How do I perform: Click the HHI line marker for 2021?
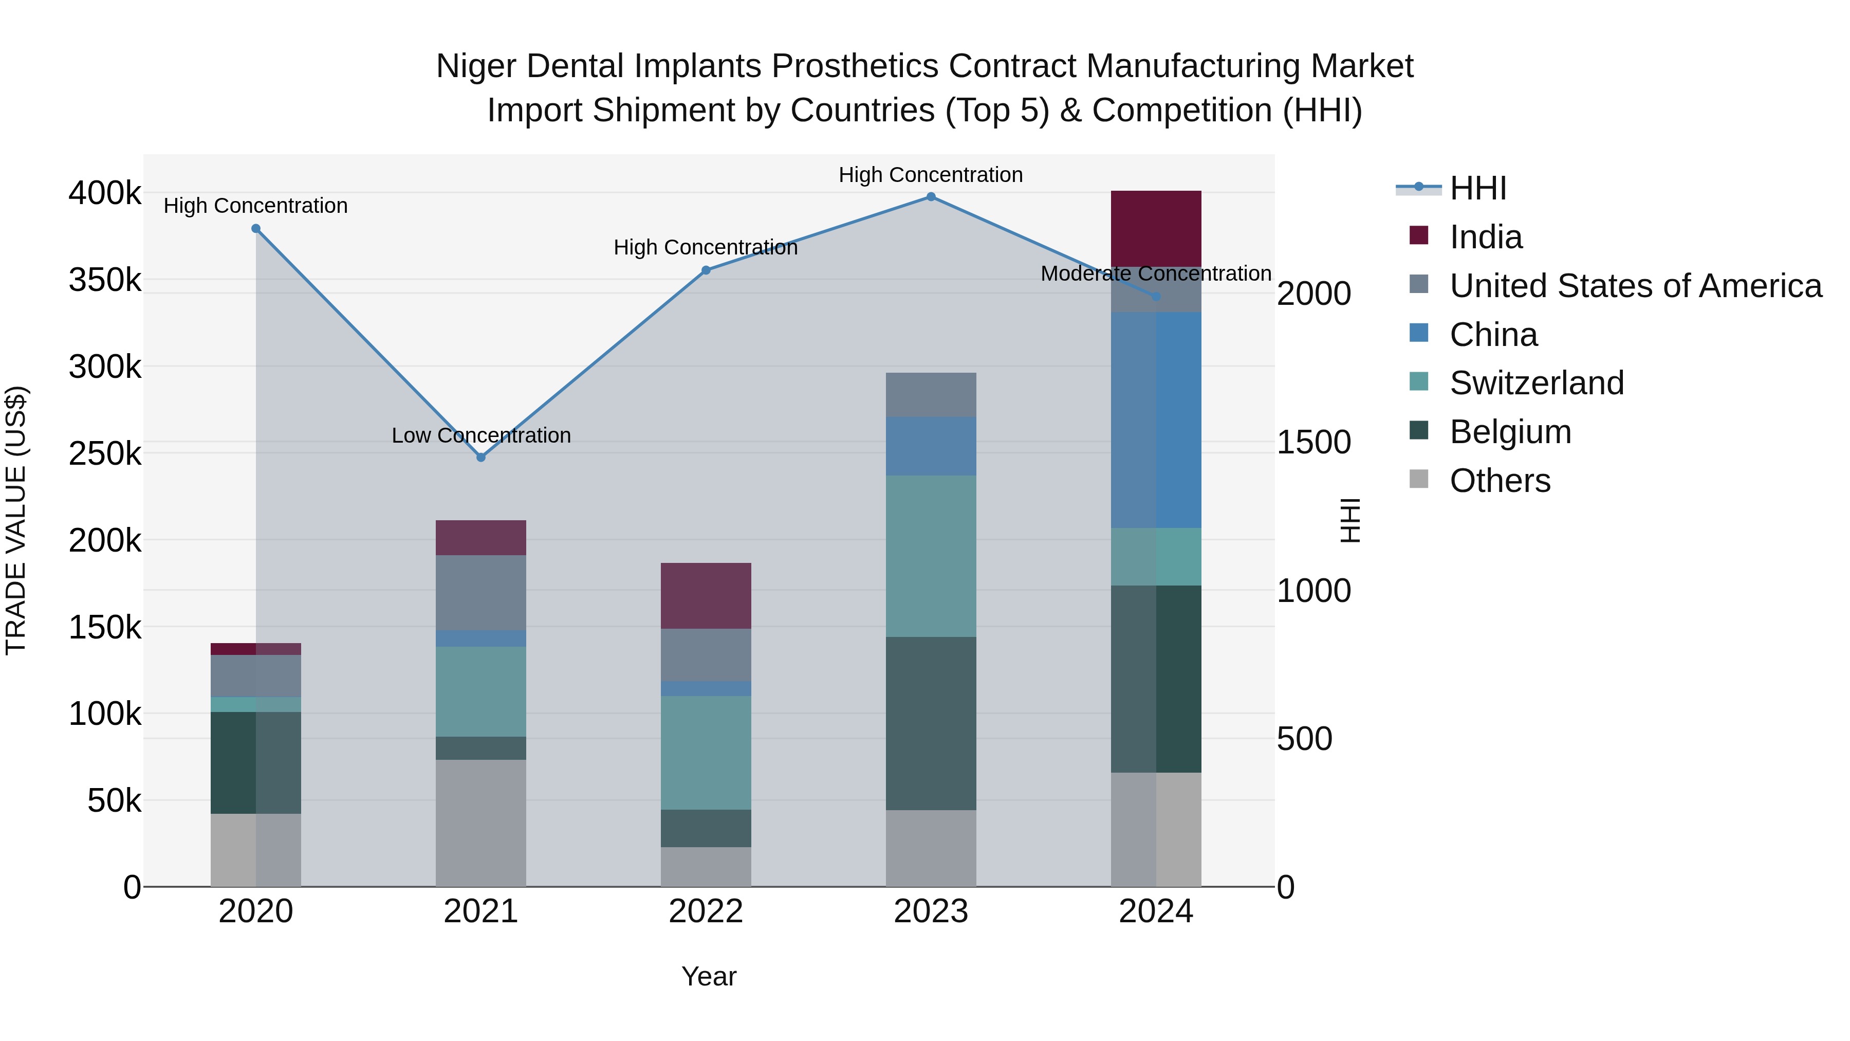(481, 458)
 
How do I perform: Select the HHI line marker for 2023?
(931, 197)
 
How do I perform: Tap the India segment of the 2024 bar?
(1156, 228)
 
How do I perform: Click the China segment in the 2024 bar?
(1156, 421)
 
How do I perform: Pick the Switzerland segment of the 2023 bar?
(931, 556)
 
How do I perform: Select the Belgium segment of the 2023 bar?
(931, 723)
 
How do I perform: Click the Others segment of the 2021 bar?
(481, 824)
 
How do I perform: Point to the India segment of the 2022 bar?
(706, 596)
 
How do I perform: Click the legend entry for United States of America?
(1635, 286)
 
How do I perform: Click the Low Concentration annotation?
(481, 435)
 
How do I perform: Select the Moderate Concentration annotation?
(1156, 273)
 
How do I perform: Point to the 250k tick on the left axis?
(105, 453)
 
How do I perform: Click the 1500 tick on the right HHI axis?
(1313, 443)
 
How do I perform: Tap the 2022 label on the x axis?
(706, 911)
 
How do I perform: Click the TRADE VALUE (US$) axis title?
(16, 520)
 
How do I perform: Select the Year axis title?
(709, 976)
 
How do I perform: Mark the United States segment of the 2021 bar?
(481, 593)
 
